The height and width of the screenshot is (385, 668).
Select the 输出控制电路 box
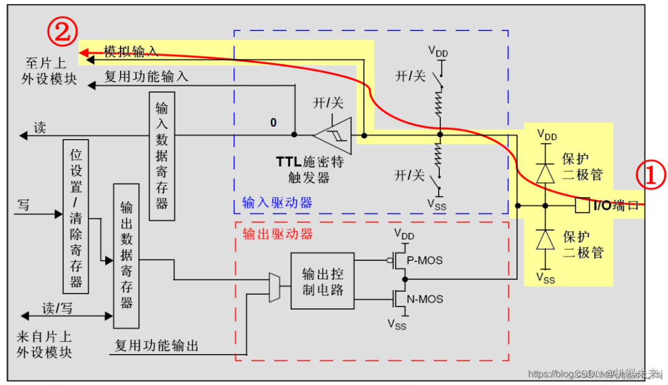click(322, 281)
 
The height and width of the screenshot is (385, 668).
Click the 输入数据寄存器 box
click(162, 156)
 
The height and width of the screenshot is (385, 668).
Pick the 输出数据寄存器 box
click(126, 255)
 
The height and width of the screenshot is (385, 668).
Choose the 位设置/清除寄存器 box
click(76, 216)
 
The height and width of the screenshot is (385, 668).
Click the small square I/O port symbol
click(581, 205)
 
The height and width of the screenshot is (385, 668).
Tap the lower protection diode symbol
click(545, 239)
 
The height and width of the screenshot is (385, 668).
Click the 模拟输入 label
click(131, 52)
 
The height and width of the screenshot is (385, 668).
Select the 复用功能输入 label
click(146, 77)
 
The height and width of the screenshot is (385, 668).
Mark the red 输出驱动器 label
click(277, 234)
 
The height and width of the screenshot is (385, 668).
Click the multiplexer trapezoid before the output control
click(275, 288)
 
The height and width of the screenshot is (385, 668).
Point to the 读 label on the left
click(40, 128)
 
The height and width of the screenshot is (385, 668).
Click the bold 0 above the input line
click(273, 122)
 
